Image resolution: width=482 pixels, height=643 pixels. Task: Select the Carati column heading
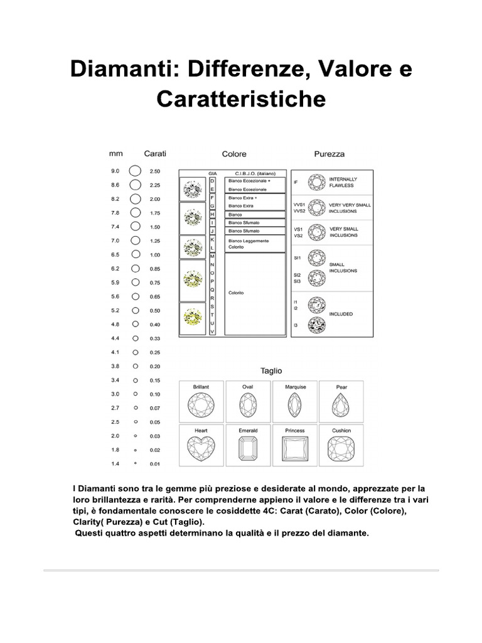click(x=155, y=154)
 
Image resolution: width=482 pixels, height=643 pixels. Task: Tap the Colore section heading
click(x=234, y=154)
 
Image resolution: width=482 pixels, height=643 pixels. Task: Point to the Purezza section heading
click(x=329, y=154)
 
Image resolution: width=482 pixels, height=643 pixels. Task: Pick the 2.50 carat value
click(x=155, y=171)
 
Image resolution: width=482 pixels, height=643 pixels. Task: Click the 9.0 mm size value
click(x=115, y=171)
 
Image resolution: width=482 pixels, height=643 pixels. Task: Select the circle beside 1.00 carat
click(x=135, y=255)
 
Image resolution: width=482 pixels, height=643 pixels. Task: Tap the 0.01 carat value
click(x=155, y=464)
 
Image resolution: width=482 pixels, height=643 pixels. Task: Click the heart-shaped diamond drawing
click(x=201, y=450)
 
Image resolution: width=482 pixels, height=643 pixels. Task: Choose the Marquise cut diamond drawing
click(x=294, y=406)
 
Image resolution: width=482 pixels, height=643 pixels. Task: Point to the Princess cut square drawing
click(x=294, y=450)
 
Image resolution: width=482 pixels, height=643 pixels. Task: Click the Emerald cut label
click(x=248, y=431)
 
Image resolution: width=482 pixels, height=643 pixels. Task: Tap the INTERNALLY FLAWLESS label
click(x=342, y=182)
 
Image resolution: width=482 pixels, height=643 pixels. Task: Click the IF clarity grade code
click(x=296, y=182)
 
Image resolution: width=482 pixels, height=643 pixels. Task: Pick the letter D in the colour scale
click(x=212, y=180)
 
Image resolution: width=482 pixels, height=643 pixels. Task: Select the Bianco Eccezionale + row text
click(x=249, y=180)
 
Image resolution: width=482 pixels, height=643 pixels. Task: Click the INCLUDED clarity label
click(x=341, y=313)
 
